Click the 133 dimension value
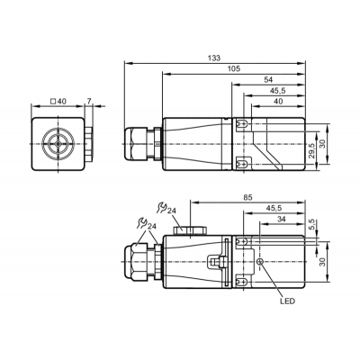[x=214, y=58]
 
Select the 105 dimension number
[x=234, y=69]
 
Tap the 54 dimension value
[x=268, y=80]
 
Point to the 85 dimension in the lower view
[x=247, y=198]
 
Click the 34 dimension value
[x=281, y=220]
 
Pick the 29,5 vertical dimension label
[x=312, y=150]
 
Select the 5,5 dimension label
[x=312, y=225]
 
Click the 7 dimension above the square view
[x=89, y=102]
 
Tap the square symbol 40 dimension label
[x=58, y=102]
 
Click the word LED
[x=287, y=301]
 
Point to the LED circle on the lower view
[x=260, y=262]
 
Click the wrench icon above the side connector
[x=162, y=208]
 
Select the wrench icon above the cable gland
[x=142, y=222]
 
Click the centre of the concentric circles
[x=58, y=144]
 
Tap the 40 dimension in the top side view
[x=278, y=102]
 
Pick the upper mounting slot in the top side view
[x=242, y=123]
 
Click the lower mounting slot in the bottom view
[x=242, y=282]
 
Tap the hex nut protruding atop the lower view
[x=190, y=230]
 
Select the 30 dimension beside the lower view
[x=322, y=262]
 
